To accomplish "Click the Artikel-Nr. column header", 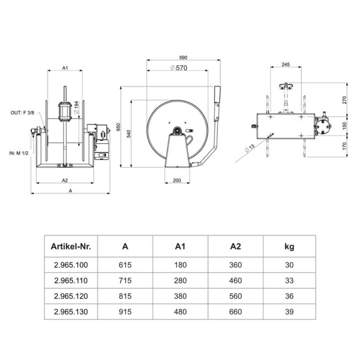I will [70, 246].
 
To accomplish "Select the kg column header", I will [289, 246].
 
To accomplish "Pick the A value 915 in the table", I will [125, 312].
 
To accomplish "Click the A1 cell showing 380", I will [180, 295].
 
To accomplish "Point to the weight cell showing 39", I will [289, 312].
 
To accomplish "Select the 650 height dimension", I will [118, 128].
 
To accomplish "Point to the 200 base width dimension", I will [177, 180].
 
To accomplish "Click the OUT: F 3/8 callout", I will [22, 113].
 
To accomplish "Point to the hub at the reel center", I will [177, 131].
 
